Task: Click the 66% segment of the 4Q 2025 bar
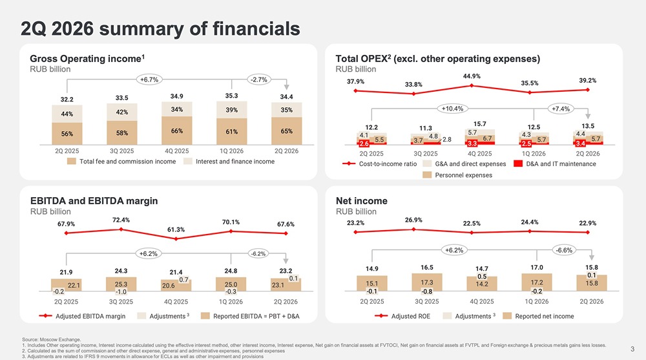point(177,131)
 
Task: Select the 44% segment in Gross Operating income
point(67,114)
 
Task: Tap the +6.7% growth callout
point(149,79)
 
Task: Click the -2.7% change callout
point(259,79)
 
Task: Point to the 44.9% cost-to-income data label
point(472,76)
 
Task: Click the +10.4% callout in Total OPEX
point(452,109)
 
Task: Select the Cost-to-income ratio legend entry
point(380,164)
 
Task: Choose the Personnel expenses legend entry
point(457,175)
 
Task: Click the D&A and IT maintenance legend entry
point(555,164)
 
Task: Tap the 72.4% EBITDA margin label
point(121,220)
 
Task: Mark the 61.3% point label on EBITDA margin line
point(176,229)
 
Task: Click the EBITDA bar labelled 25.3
point(121,284)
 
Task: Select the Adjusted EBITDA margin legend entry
point(83,316)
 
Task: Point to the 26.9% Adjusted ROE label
point(413,220)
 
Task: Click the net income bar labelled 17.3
point(427,282)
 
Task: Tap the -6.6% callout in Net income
point(564,250)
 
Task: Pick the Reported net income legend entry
point(539,316)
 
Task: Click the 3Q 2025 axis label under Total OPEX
point(426,153)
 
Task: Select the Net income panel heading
point(362,201)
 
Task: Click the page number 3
point(632,349)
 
